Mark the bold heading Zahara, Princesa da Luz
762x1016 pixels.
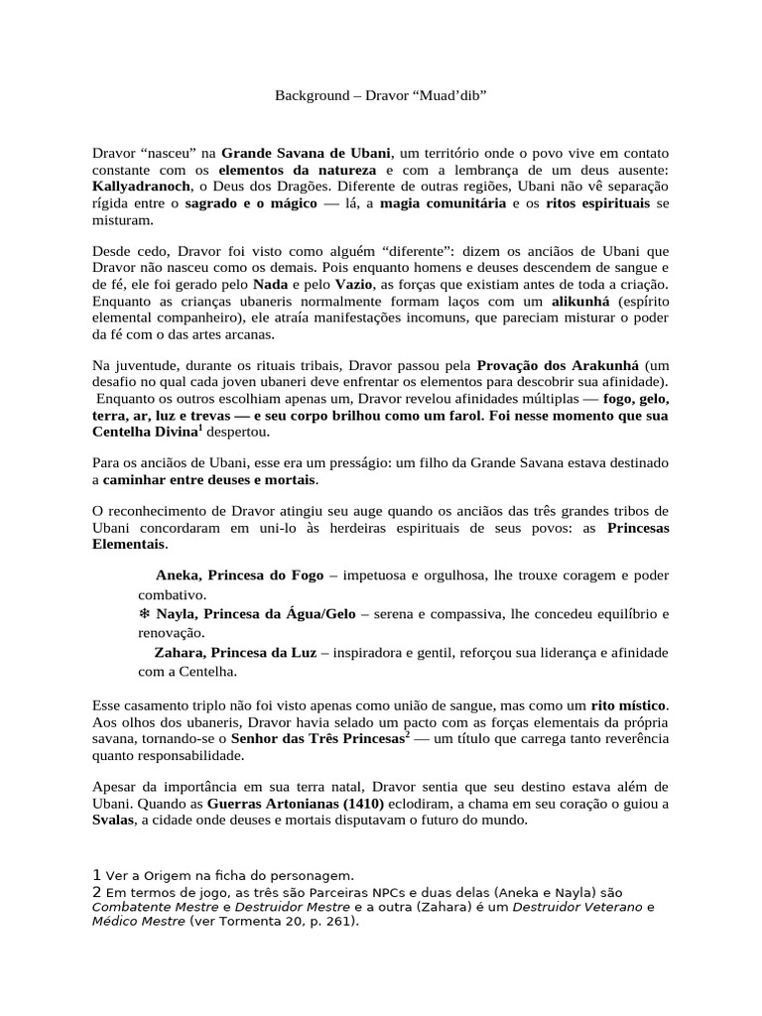point(235,653)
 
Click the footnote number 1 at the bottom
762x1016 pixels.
point(96,875)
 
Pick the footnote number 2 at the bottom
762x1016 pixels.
point(96,892)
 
